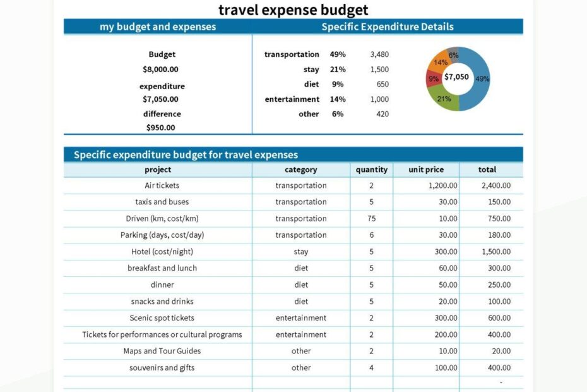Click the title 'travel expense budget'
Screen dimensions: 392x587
click(293, 10)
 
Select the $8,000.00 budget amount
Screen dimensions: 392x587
click(160, 70)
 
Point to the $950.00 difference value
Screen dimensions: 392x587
click(160, 128)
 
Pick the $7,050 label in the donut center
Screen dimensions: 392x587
click(456, 77)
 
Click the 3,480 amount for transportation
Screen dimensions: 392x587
click(379, 54)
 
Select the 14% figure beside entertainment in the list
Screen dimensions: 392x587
click(338, 99)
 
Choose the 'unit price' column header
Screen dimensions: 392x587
click(426, 169)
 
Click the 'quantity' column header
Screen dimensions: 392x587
click(371, 169)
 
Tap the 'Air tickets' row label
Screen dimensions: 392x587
click(162, 185)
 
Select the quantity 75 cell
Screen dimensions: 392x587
click(371, 219)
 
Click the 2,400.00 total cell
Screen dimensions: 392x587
click(495, 185)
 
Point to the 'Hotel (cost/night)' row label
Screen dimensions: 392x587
click(162, 252)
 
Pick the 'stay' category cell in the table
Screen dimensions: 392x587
click(301, 252)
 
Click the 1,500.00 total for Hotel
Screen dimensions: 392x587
click(495, 252)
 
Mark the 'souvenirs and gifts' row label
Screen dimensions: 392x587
click(162, 367)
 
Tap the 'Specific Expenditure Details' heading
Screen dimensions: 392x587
click(388, 27)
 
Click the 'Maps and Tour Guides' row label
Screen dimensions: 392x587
click(162, 351)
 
